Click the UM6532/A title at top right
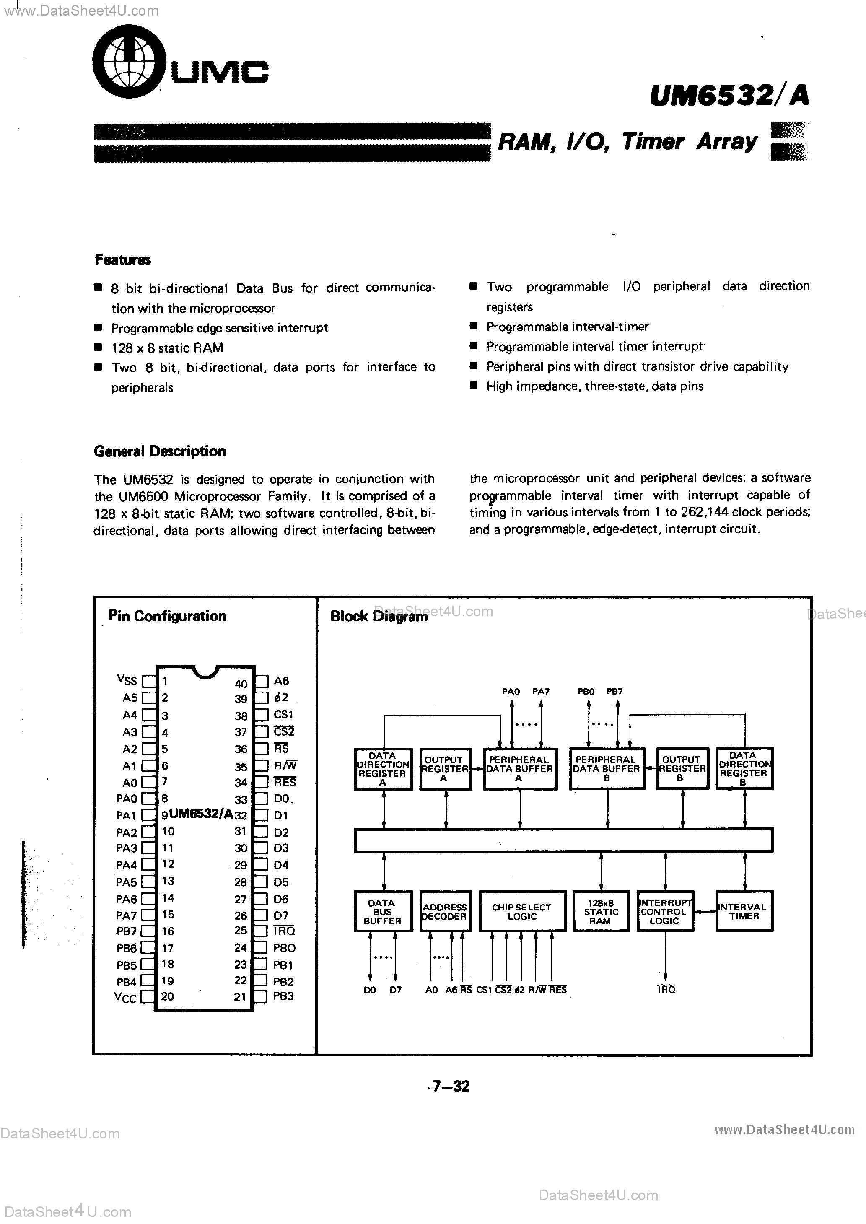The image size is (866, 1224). point(729,96)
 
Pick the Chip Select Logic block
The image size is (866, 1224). point(521,912)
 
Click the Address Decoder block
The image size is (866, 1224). point(445,912)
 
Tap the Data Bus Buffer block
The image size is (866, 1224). point(382,912)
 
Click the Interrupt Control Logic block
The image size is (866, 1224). point(665,912)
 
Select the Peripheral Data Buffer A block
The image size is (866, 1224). point(519,768)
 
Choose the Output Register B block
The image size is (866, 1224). point(682,768)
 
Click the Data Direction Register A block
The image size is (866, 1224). point(382,768)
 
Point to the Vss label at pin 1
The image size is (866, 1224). point(127,680)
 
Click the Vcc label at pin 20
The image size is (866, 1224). point(125,997)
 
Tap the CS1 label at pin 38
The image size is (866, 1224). point(283,714)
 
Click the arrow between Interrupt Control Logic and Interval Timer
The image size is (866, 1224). point(705,912)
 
